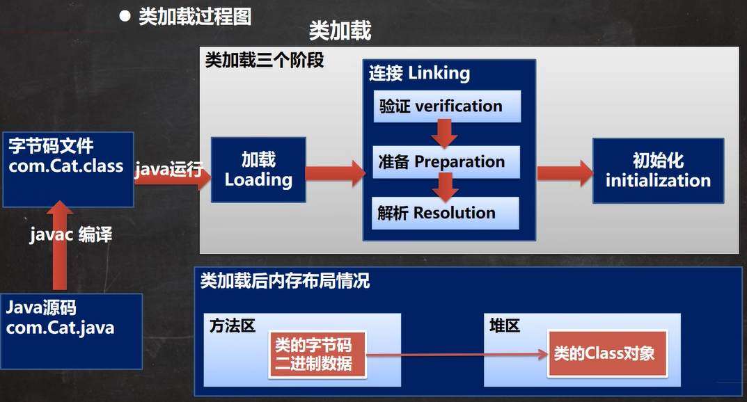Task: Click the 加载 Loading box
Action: click(x=259, y=170)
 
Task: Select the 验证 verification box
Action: click(x=447, y=106)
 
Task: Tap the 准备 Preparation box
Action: click(x=446, y=162)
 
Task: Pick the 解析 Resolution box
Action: click(x=445, y=213)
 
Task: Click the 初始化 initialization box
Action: click(x=659, y=171)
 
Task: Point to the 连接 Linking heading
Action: click(x=419, y=73)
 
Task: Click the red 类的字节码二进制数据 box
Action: click(x=317, y=355)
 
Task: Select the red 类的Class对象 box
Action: click(x=607, y=353)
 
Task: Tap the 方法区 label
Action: click(x=233, y=326)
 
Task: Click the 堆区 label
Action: click(x=505, y=326)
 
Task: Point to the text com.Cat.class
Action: click(x=65, y=166)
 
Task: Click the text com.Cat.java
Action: click(x=60, y=328)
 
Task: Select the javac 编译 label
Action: click(x=71, y=234)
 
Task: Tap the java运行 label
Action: click(x=169, y=169)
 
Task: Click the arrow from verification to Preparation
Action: click(x=444, y=134)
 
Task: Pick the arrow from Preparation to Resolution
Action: click(x=446, y=187)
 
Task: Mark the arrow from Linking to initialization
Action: click(x=565, y=173)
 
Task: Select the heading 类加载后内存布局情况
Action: click(x=285, y=281)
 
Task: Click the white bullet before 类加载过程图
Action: click(x=125, y=17)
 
